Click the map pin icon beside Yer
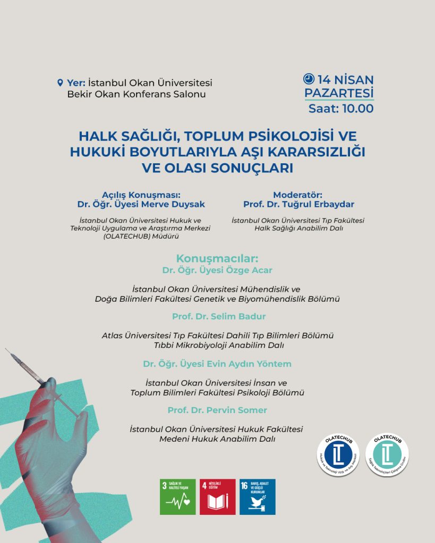(60, 83)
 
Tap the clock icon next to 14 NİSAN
(309, 79)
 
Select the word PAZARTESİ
(338, 93)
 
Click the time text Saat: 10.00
(341, 109)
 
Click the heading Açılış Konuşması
(145, 195)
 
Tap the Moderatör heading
(298, 195)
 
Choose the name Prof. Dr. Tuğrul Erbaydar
(298, 204)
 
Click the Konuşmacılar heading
(217, 259)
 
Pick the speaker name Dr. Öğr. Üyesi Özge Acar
(217, 270)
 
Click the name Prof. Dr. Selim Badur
(219, 317)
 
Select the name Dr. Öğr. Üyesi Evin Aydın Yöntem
(217, 364)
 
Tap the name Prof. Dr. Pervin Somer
(217, 410)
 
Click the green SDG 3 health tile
(178, 497)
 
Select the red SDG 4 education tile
(218, 497)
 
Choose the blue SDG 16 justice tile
(258, 497)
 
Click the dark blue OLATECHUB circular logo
(338, 455)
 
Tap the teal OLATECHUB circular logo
(387, 455)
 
